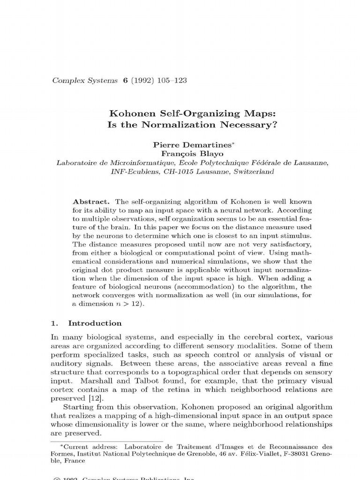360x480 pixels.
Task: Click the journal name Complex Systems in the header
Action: click(x=85, y=80)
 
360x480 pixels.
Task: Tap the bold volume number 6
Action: click(x=125, y=80)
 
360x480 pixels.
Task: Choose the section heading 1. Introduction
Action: click(x=86, y=323)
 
